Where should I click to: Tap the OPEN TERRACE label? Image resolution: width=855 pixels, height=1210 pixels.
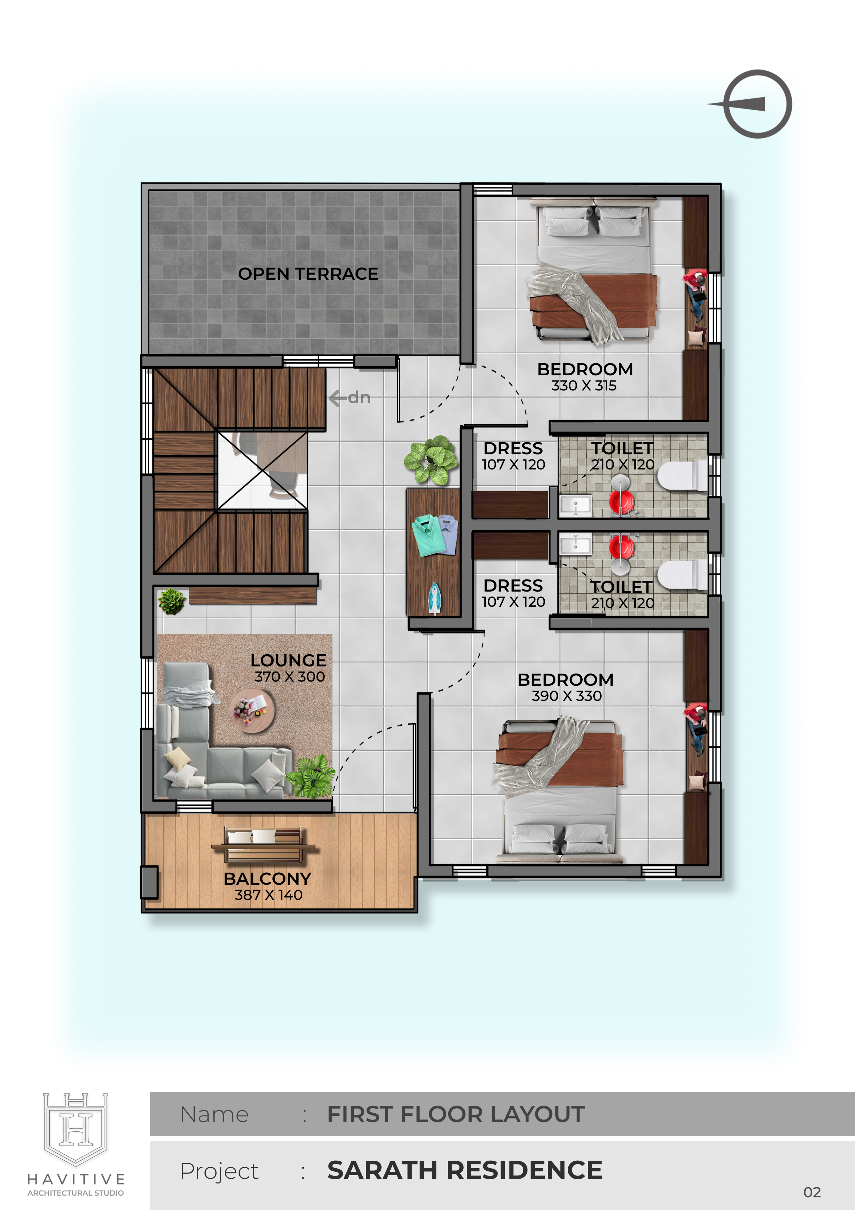pyautogui.click(x=308, y=274)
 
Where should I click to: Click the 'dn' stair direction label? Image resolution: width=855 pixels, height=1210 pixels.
pyautogui.click(x=359, y=397)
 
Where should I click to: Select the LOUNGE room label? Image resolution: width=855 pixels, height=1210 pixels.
pyautogui.click(x=288, y=660)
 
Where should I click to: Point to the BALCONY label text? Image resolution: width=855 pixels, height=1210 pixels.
pyautogui.click(x=268, y=879)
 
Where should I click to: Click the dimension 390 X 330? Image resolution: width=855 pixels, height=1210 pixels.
pyautogui.click(x=566, y=696)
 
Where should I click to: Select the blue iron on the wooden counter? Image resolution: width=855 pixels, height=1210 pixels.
pyautogui.click(x=434, y=598)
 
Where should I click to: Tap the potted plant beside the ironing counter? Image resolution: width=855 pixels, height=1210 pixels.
pyautogui.click(x=431, y=460)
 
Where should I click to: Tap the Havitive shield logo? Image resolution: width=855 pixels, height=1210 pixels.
pyautogui.click(x=76, y=1129)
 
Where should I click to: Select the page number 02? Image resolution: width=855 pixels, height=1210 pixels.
pyautogui.click(x=812, y=1192)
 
